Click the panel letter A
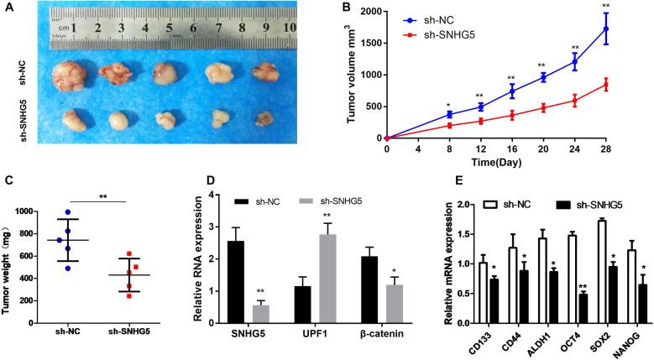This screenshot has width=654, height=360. point(8,8)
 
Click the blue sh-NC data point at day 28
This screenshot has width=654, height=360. point(629,29)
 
